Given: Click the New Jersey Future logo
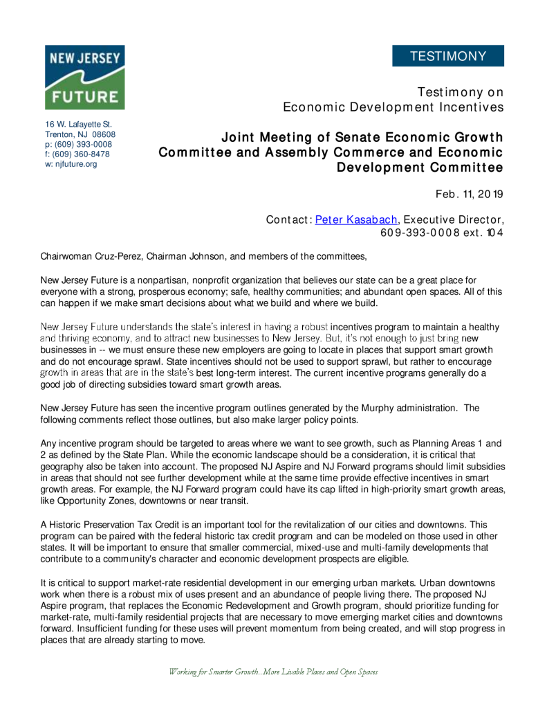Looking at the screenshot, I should pyautogui.click(x=85, y=77).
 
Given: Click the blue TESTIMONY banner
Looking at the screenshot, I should pyautogui.click(x=447, y=56).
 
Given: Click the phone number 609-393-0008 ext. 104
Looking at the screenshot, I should pyautogui.click(x=442, y=233).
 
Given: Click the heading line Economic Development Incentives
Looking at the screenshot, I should pyautogui.click(x=393, y=107).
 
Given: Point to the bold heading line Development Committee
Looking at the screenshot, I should pyautogui.click(x=420, y=168).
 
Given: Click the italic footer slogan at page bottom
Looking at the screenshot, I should pyautogui.click(x=273, y=672).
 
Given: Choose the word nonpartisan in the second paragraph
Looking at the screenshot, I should pyautogui.click(x=146, y=280).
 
